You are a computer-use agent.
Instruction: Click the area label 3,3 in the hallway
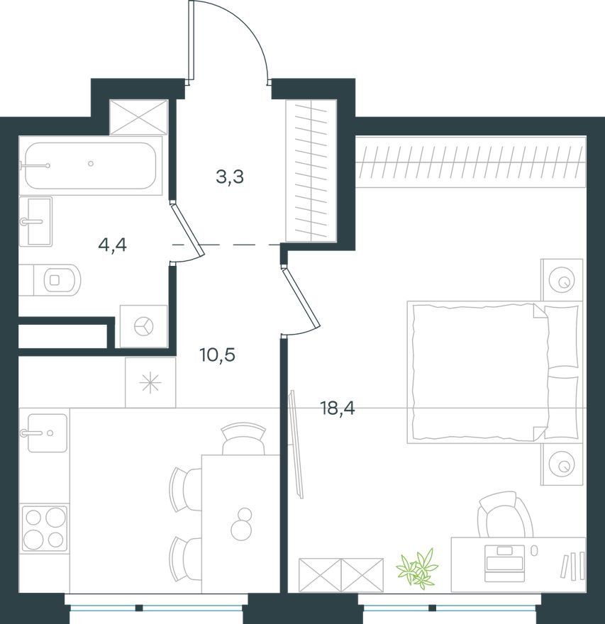click(230, 177)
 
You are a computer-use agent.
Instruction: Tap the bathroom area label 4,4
click(112, 245)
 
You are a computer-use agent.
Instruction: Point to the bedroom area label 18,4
click(338, 408)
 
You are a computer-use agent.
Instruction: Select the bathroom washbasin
click(35, 221)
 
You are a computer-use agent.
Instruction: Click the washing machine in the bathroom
click(143, 326)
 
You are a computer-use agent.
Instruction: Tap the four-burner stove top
click(45, 528)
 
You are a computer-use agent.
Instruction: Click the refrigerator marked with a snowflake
click(150, 382)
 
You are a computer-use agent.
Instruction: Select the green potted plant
click(417, 567)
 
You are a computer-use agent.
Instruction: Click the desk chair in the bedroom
click(506, 514)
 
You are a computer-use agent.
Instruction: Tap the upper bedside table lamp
click(562, 280)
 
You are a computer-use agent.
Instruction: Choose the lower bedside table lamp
click(562, 464)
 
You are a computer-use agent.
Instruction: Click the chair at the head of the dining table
click(243, 439)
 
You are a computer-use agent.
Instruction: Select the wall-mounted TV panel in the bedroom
click(296, 444)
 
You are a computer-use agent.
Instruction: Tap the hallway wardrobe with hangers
click(311, 170)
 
